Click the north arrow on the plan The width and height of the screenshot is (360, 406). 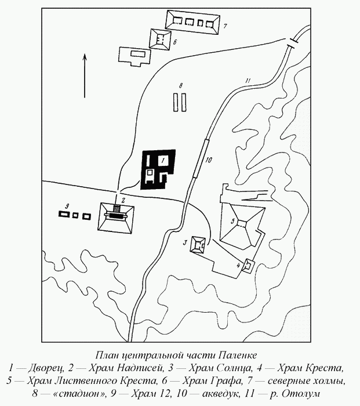tap(85, 75)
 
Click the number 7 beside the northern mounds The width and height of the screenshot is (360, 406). tap(225, 26)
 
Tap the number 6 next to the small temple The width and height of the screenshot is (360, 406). tap(174, 42)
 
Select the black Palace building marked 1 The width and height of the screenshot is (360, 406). tap(158, 169)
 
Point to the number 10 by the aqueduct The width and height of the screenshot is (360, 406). tap(208, 160)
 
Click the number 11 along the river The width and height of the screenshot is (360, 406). tap(248, 81)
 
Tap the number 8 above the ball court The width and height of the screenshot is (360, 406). tap(181, 85)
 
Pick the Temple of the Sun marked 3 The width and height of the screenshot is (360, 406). tap(198, 245)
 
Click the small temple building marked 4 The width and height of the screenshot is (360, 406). tap(248, 266)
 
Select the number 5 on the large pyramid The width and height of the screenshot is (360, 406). tap(232, 221)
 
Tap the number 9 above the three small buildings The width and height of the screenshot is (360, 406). tap(67, 206)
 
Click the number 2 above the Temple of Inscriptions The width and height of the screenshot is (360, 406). tap(123, 200)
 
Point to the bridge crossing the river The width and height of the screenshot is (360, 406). tap(293, 42)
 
